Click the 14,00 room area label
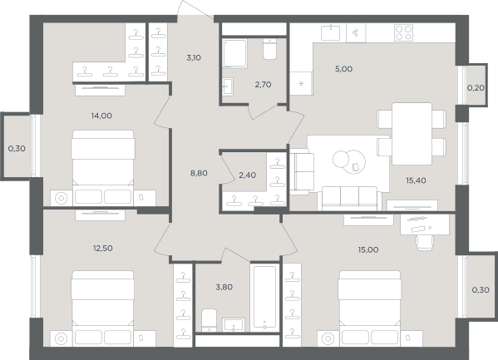[101, 116]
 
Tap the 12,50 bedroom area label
[102, 248]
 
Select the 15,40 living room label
[416, 180]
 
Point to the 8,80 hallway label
[199, 173]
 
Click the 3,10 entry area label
[194, 58]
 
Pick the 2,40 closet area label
[248, 175]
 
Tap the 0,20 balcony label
[476, 88]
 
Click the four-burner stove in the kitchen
[404, 32]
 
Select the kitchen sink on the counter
[330, 33]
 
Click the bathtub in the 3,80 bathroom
[264, 298]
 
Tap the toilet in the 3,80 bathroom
[209, 320]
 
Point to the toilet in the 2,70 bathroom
[269, 48]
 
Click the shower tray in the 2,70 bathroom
[234, 53]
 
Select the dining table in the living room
[412, 134]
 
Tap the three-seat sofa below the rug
[349, 198]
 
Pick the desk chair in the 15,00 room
[424, 243]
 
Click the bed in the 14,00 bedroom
[102, 168]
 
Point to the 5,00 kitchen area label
[343, 69]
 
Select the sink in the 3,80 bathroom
[234, 325]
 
